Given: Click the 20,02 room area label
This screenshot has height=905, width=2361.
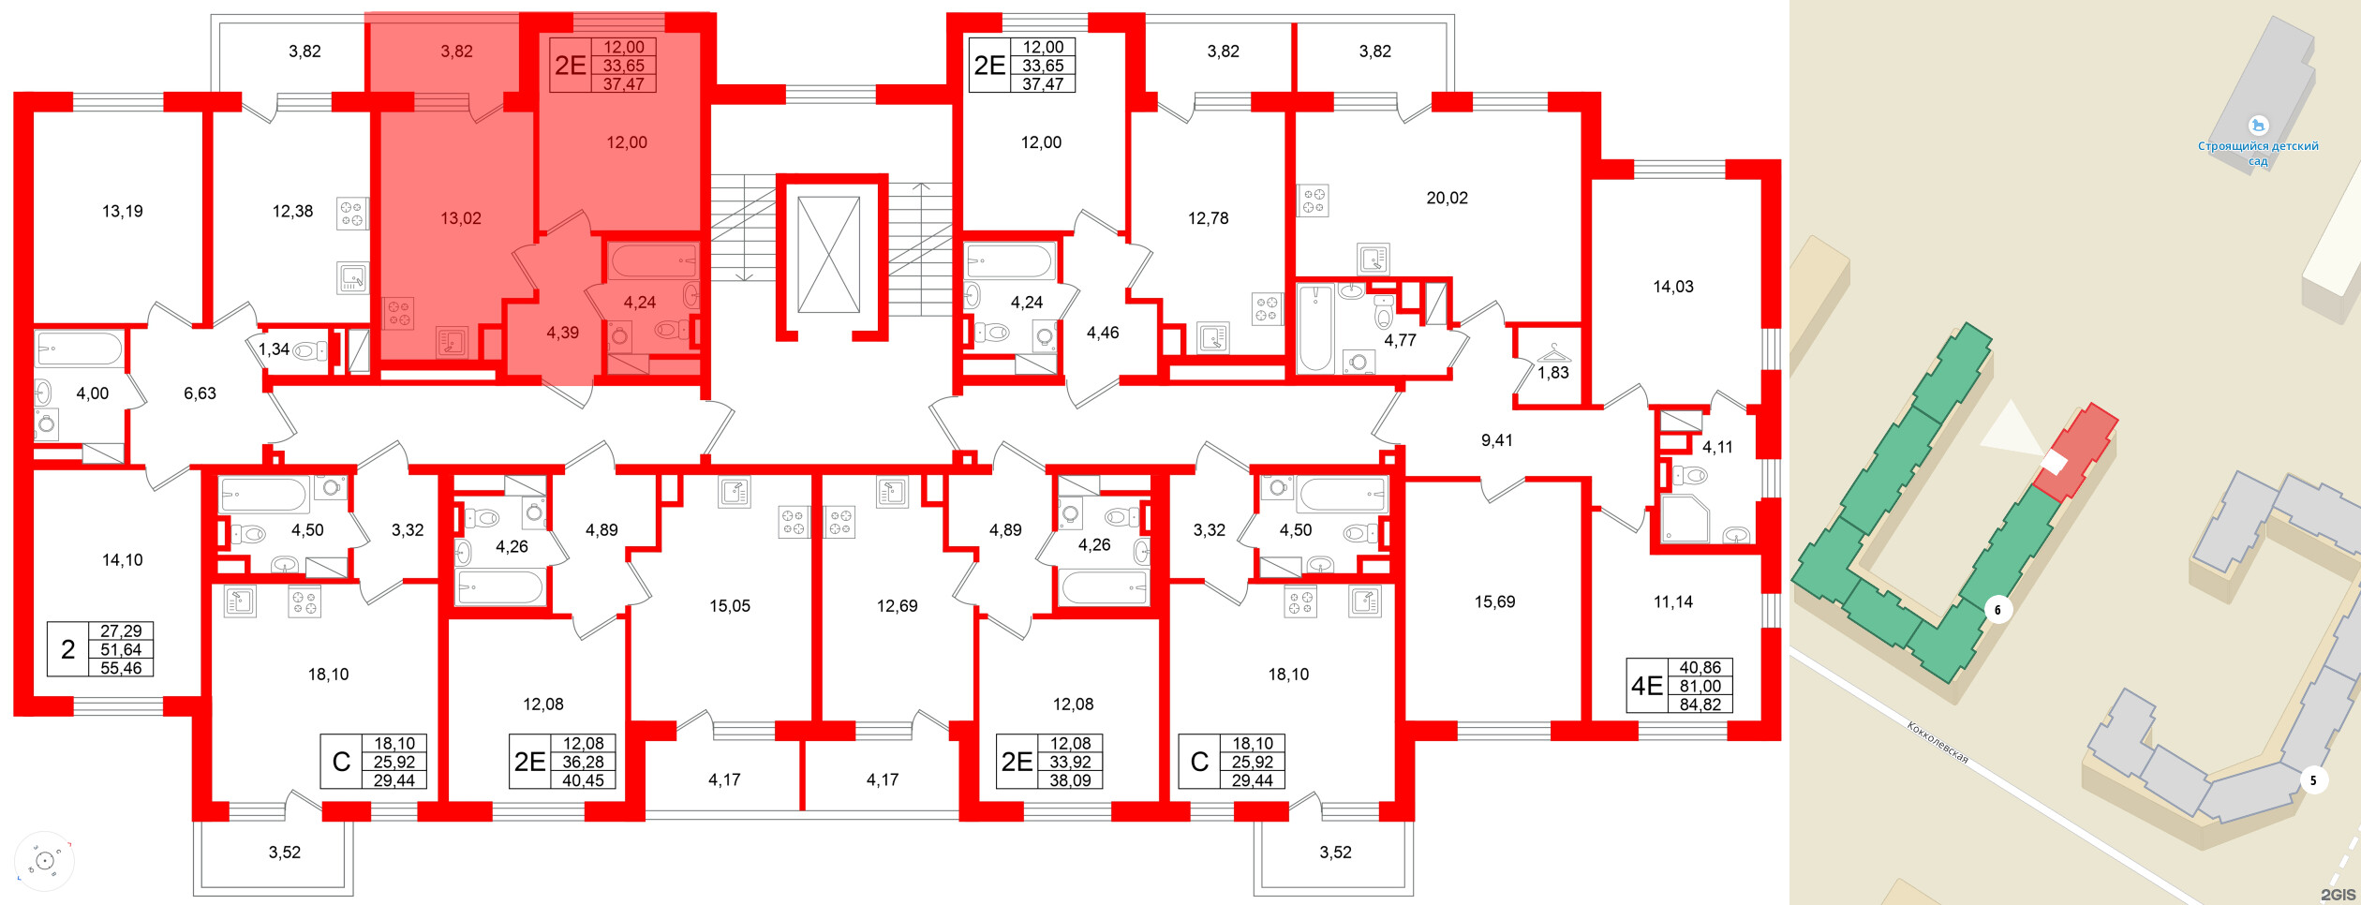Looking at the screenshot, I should point(1447,198).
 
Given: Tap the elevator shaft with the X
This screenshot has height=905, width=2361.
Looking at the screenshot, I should point(828,254).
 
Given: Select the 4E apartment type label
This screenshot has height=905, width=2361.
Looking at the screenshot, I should point(1646,686).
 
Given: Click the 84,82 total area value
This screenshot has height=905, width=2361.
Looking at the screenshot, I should point(1700,705).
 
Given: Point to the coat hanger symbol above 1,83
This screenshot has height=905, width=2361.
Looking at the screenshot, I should point(1553,353).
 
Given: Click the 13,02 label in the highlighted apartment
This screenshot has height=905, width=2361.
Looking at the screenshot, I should point(460,218).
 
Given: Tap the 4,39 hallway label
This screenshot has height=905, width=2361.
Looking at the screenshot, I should point(562,333).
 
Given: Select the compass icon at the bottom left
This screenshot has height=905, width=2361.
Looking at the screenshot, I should point(43,860).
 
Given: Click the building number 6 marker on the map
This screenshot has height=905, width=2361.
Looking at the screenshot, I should point(1997,610).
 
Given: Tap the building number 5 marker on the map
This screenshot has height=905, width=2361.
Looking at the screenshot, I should point(2313,780).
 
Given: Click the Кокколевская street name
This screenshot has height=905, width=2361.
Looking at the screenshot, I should point(1938,742).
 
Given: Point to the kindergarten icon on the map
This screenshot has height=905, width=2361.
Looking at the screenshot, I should point(2258,125).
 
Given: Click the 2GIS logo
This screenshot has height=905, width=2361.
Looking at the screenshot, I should point(2337,895).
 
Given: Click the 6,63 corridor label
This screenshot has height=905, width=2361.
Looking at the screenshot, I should point(200,393).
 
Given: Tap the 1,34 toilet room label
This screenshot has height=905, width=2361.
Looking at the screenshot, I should point(274,349).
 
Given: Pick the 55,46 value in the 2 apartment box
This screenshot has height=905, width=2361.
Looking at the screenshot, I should point(121,668).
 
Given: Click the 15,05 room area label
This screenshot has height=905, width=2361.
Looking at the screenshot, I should point(729,606).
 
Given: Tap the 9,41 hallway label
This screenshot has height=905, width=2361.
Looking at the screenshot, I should point(1496,440).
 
